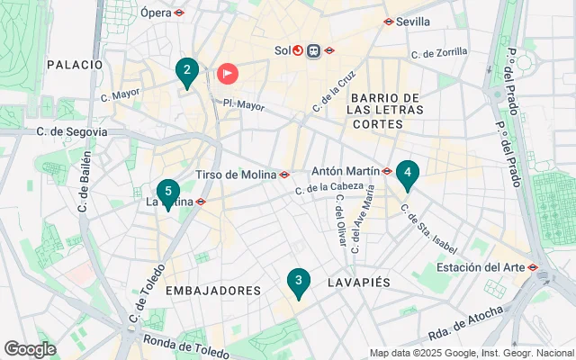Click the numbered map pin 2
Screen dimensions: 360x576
click(186, 71)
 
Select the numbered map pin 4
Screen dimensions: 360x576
click(408, 173)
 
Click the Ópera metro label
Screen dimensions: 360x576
click(157, 13)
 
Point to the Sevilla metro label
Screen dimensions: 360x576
click(412, 21)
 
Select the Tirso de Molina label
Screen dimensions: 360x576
click(236, 175)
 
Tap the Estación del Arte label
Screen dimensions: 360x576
click(481, 267)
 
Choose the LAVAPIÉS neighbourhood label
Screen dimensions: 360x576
click(364, 283)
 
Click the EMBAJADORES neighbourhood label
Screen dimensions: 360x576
click(214, 291)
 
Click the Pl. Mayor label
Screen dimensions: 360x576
click(243, 104)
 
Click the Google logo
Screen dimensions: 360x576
click(30, 349)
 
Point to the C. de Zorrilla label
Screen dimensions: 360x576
click(440, 54)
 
